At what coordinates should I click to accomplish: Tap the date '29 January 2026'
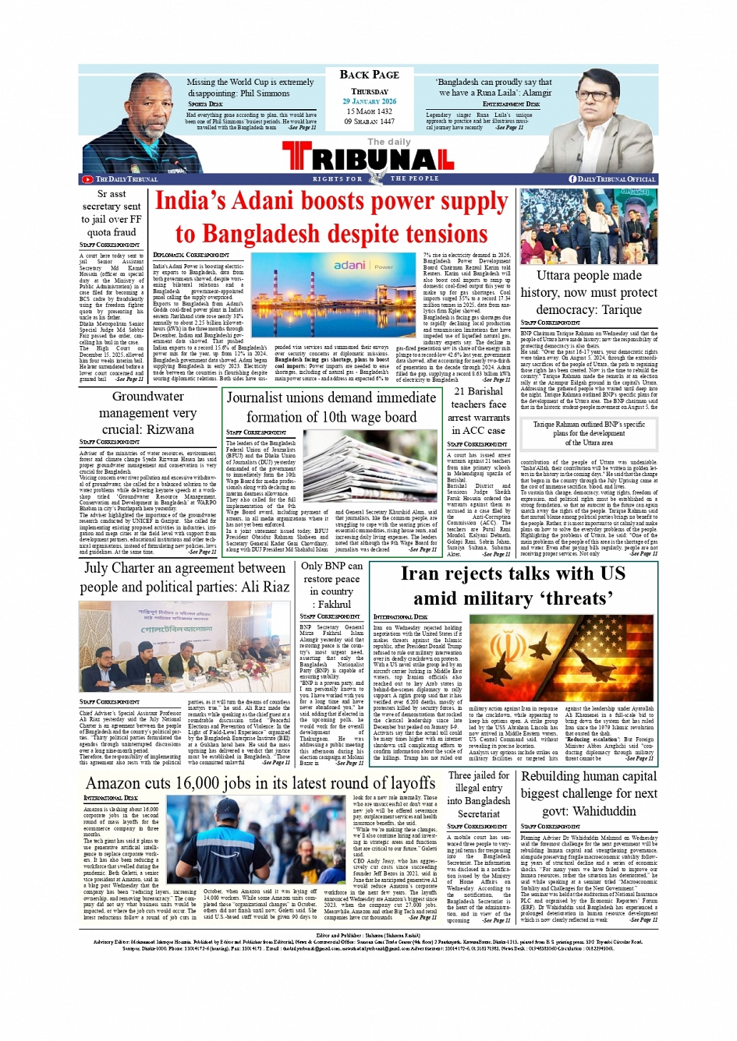369,101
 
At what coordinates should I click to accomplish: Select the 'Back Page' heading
369,75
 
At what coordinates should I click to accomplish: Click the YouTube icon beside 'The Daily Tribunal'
87,179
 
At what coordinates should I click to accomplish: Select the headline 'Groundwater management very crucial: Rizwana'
147,412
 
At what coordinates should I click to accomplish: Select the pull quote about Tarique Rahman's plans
589,433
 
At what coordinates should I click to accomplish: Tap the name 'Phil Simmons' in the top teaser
261,94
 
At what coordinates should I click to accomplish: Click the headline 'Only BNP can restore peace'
331,584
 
